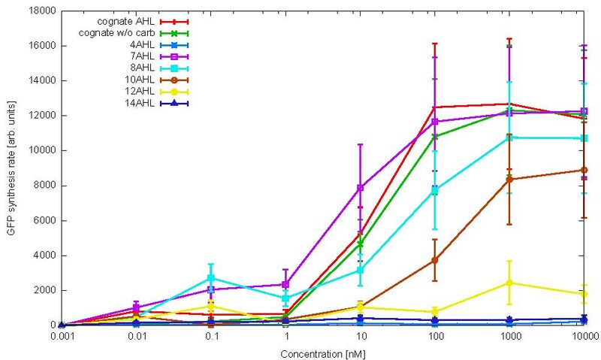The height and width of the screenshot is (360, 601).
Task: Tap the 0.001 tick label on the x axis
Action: click(61, 337)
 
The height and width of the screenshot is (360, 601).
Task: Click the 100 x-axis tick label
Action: click(436, 337)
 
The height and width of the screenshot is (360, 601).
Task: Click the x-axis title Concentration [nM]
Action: click(323, 351)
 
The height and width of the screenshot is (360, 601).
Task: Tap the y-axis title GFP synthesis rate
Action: click(11, 168)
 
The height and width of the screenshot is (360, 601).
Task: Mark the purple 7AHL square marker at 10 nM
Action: click(361, 187)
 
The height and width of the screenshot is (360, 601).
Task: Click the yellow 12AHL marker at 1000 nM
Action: click(510, 283)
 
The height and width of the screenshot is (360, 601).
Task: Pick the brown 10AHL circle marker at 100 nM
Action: click(436, 260)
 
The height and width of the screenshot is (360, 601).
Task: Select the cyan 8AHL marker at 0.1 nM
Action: click(212, 278)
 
